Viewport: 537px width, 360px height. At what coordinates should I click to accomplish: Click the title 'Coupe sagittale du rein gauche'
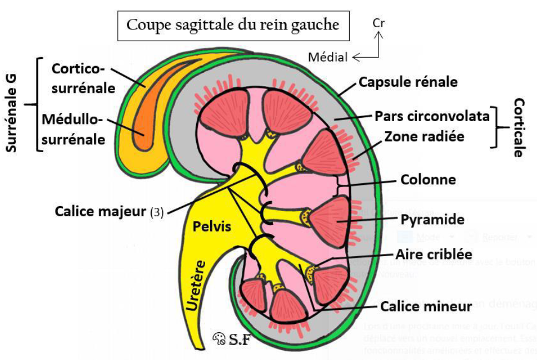[232, 26]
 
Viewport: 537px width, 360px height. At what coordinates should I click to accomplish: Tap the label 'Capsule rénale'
[407, 82]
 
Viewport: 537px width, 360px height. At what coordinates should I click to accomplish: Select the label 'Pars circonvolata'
[432, 116]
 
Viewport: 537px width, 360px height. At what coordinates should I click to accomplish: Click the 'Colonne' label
[428, 179]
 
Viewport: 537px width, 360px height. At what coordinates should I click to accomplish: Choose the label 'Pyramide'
[432, 219]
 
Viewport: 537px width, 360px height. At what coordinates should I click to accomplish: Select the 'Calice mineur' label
[426, 306]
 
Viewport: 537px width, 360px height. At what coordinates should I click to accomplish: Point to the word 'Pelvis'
[212, 227]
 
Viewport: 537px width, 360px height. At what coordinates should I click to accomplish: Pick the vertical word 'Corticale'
[519, 128]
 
